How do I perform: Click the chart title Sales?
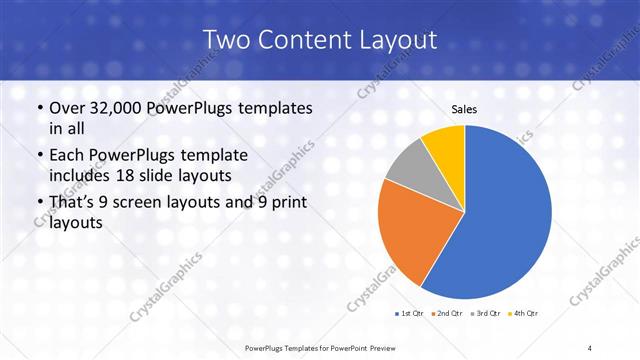465,109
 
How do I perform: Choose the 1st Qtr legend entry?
411,312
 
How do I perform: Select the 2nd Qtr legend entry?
448,312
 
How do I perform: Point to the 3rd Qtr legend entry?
486,312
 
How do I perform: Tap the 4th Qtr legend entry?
524,312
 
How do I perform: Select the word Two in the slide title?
227,40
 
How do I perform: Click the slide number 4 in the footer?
590,347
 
